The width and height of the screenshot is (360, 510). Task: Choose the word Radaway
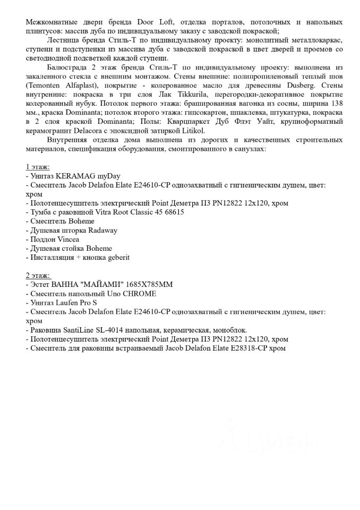102,230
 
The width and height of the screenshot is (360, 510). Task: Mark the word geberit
116,257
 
